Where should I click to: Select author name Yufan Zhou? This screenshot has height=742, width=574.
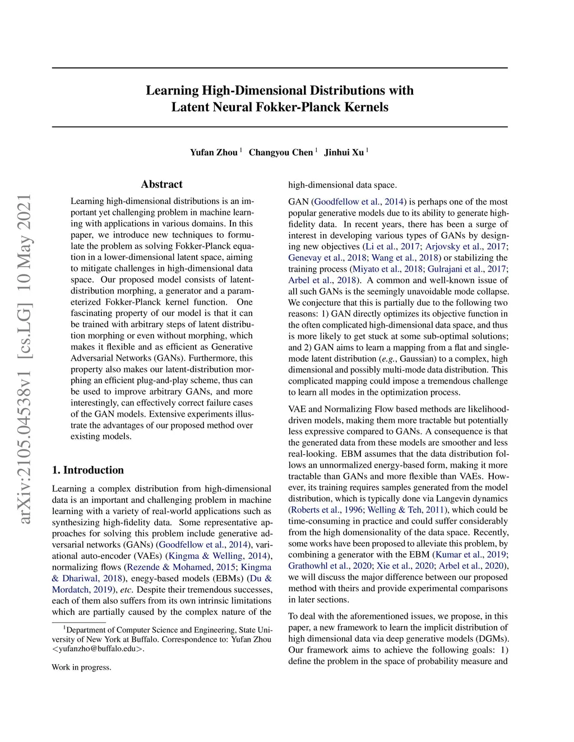click(x=214, y=152)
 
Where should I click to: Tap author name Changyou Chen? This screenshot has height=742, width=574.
click(x=280, y=152)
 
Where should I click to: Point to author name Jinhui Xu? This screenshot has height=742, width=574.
click(x=344, y=152)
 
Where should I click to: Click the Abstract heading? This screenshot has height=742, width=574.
click(x=161, y=184)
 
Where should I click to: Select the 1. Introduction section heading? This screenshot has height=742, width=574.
click(x=87, y=470)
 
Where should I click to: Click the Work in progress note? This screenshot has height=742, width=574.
click(x=81, y=667)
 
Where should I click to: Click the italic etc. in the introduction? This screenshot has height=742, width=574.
click(x=126, y=589)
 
